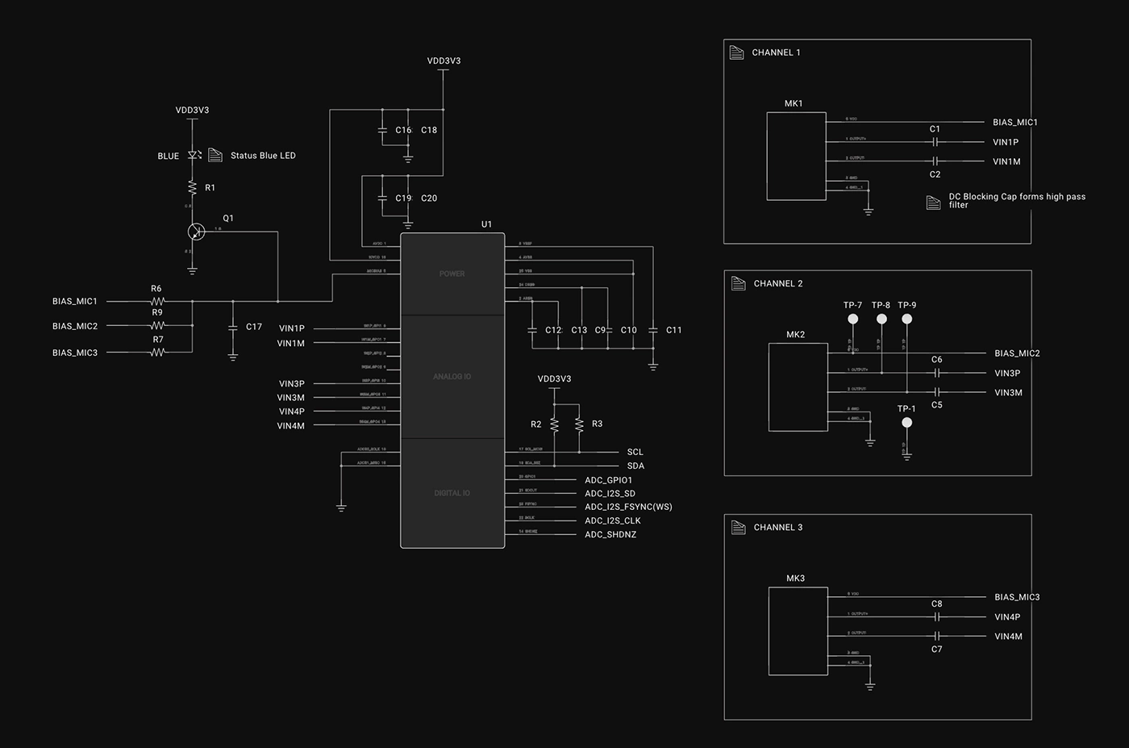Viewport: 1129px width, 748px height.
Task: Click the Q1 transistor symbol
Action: tap(196, 232)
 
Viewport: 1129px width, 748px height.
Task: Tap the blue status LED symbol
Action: tap(193, 155)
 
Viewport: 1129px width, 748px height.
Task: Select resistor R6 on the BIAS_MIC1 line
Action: tap(157, 301)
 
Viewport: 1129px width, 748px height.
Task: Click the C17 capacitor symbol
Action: tap(233, 327)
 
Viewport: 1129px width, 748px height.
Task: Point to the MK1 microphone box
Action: tap(796, 156)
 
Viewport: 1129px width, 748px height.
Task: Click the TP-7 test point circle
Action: tap(853, 319)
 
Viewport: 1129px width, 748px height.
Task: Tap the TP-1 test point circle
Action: tap(907, 422)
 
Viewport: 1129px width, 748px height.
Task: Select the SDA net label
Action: tap(635, 466)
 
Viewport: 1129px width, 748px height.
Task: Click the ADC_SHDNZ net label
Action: tap(610, 534)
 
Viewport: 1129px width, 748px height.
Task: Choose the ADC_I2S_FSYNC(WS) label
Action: tap(628, 507)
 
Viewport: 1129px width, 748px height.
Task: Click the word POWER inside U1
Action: tap(452, 274)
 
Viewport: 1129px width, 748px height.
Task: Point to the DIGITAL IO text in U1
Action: tap(452, 493)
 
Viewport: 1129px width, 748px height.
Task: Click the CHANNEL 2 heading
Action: tap(778, 283)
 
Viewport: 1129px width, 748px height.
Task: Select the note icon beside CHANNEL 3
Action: tap(738, 527)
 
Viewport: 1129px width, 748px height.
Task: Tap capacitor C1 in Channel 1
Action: tap(935, 141)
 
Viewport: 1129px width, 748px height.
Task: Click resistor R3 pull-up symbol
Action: tap(579, 424)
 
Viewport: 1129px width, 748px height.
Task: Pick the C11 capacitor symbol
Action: tap(653, 330)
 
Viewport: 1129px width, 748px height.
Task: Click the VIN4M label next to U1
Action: tap(291, 426)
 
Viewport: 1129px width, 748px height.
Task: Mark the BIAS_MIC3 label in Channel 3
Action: tap(1017, 597)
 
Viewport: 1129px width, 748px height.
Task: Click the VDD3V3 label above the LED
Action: tap(192, 110)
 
